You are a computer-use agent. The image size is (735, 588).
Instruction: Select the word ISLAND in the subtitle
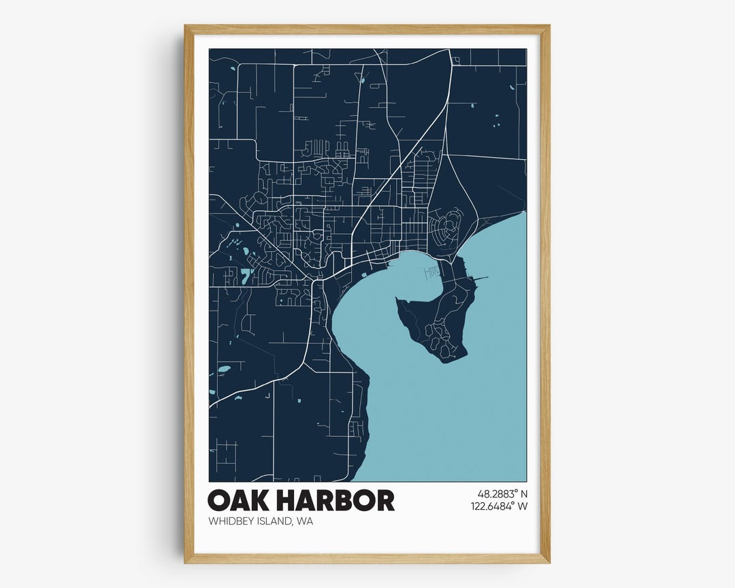coord(275,522)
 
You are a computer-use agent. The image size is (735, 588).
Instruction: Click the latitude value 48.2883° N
coord(499,493)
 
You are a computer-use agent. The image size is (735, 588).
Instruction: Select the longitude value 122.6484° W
coord(499,506)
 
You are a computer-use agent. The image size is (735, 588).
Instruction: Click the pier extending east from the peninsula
coord(480,278)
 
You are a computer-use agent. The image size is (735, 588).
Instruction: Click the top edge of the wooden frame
coord(367,29)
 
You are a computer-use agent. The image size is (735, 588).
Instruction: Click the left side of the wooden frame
coord(189,293)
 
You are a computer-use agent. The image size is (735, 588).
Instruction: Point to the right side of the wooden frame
coord(545,293)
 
